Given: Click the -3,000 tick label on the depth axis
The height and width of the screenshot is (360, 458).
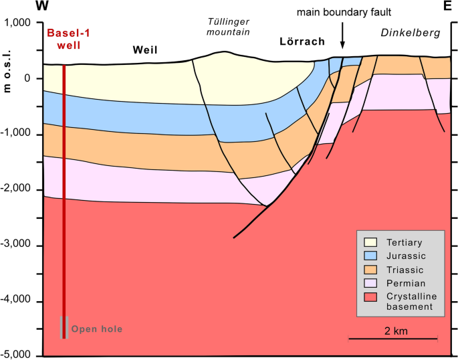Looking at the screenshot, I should pos(19,246).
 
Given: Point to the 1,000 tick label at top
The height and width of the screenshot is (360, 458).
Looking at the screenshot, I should pos(21,23).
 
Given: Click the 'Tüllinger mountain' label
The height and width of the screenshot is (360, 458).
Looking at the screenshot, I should pos(225,27).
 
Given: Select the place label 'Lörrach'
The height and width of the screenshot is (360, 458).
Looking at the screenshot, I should pos(302,41).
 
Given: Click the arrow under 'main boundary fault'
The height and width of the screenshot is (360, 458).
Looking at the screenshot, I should pos(342,37).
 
